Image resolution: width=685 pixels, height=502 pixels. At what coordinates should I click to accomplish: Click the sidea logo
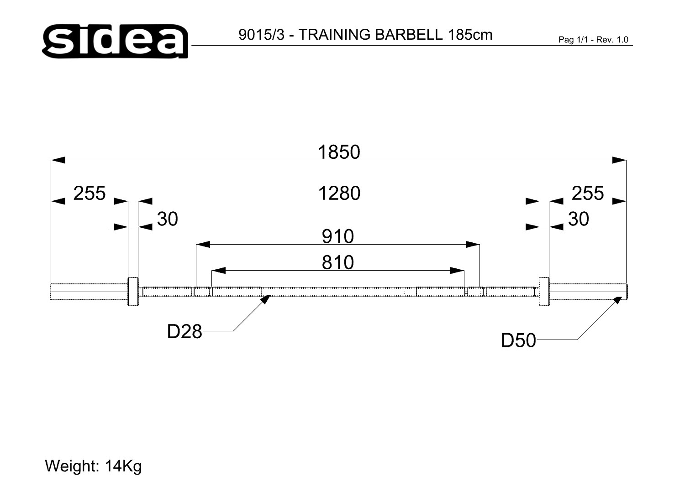(x=115, y=41)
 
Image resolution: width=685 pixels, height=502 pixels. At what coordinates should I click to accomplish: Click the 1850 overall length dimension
(x=339, y=152)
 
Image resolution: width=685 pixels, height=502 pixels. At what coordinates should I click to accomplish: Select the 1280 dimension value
(x=339, y=193)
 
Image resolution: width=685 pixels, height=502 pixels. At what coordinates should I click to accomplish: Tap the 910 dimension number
(x=338, y=236)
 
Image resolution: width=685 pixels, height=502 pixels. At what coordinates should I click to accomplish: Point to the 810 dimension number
(x=338, y=262)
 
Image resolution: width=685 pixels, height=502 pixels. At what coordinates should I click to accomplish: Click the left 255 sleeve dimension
(x=90, y=193)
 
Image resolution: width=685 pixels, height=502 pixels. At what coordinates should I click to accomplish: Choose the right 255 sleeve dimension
(x=588, y=193)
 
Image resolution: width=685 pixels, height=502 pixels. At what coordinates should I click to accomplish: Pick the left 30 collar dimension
(x=168, y=219)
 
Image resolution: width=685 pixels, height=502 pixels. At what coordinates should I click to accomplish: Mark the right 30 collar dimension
(x=579, y=219)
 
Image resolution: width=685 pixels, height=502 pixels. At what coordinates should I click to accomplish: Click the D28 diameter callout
(x=184, y=331)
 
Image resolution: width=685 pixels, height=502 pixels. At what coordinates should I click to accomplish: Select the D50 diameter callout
(x=519, y=340)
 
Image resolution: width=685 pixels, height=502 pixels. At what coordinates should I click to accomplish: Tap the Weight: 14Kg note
(x=93, y=466)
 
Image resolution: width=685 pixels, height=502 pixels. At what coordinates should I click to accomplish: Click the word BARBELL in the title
(x=409, y=35)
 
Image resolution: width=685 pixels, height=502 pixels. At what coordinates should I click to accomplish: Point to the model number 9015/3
(x=262, y=35)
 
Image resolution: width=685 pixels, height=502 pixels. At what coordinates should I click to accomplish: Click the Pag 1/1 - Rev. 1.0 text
(x=593, y=40)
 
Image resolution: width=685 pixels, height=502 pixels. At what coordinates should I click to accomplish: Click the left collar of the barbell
(x=133, y=292)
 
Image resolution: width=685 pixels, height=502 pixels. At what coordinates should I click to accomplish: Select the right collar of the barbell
(x=544, y=292)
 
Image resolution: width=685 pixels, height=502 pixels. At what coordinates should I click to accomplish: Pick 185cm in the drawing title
(x=470, y=35)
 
